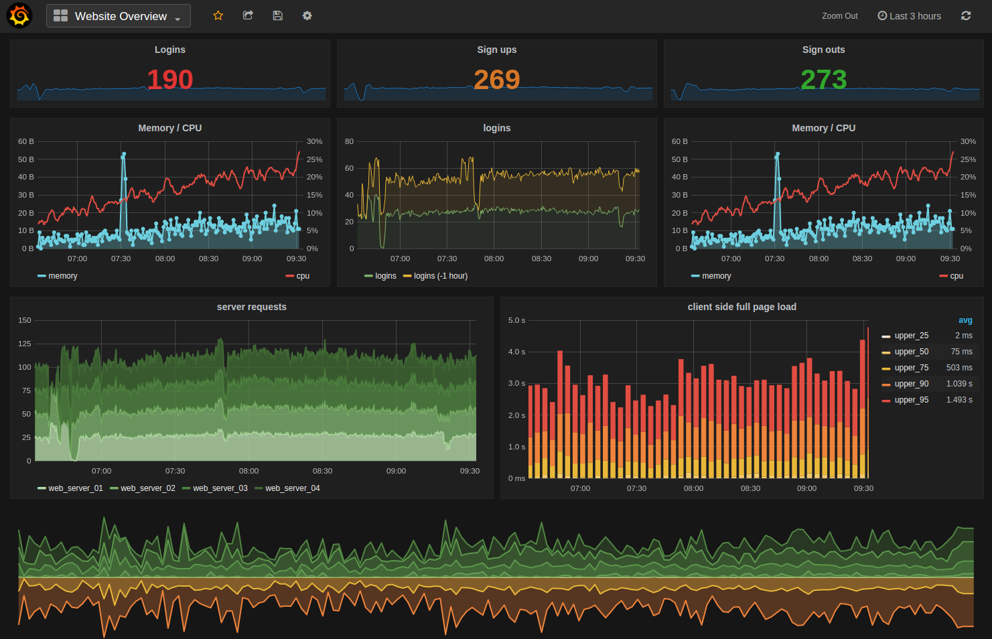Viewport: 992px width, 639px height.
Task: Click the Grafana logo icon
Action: click(19, 15)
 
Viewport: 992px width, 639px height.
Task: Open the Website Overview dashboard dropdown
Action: click(119, 16)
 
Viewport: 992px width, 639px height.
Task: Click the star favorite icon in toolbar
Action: click(218, 15)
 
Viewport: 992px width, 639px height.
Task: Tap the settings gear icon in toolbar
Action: click(307, 15)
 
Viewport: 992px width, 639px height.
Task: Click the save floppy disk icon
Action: click(277, 15)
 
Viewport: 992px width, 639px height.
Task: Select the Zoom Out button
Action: click(839, 16)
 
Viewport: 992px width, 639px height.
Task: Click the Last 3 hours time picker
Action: click(909, 16)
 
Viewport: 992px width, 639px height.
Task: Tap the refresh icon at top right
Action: click(965, 15)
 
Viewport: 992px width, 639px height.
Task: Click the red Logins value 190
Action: click(170, 80)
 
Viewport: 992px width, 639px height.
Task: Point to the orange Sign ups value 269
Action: click(496, 80)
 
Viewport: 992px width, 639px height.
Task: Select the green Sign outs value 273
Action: click(823, 80)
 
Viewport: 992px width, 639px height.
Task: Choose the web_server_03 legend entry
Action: click(220, 488)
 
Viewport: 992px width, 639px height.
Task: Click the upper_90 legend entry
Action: click(911, 384)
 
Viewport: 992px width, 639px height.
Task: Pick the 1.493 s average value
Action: click(959, 400)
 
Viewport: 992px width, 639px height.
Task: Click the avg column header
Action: click(965, 320)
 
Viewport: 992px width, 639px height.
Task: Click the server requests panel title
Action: click(251, 307)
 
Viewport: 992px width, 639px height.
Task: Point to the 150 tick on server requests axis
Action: click(25, 321)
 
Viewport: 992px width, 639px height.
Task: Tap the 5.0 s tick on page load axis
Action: click(516, 321)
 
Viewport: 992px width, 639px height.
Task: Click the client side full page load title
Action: click(741, 307)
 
